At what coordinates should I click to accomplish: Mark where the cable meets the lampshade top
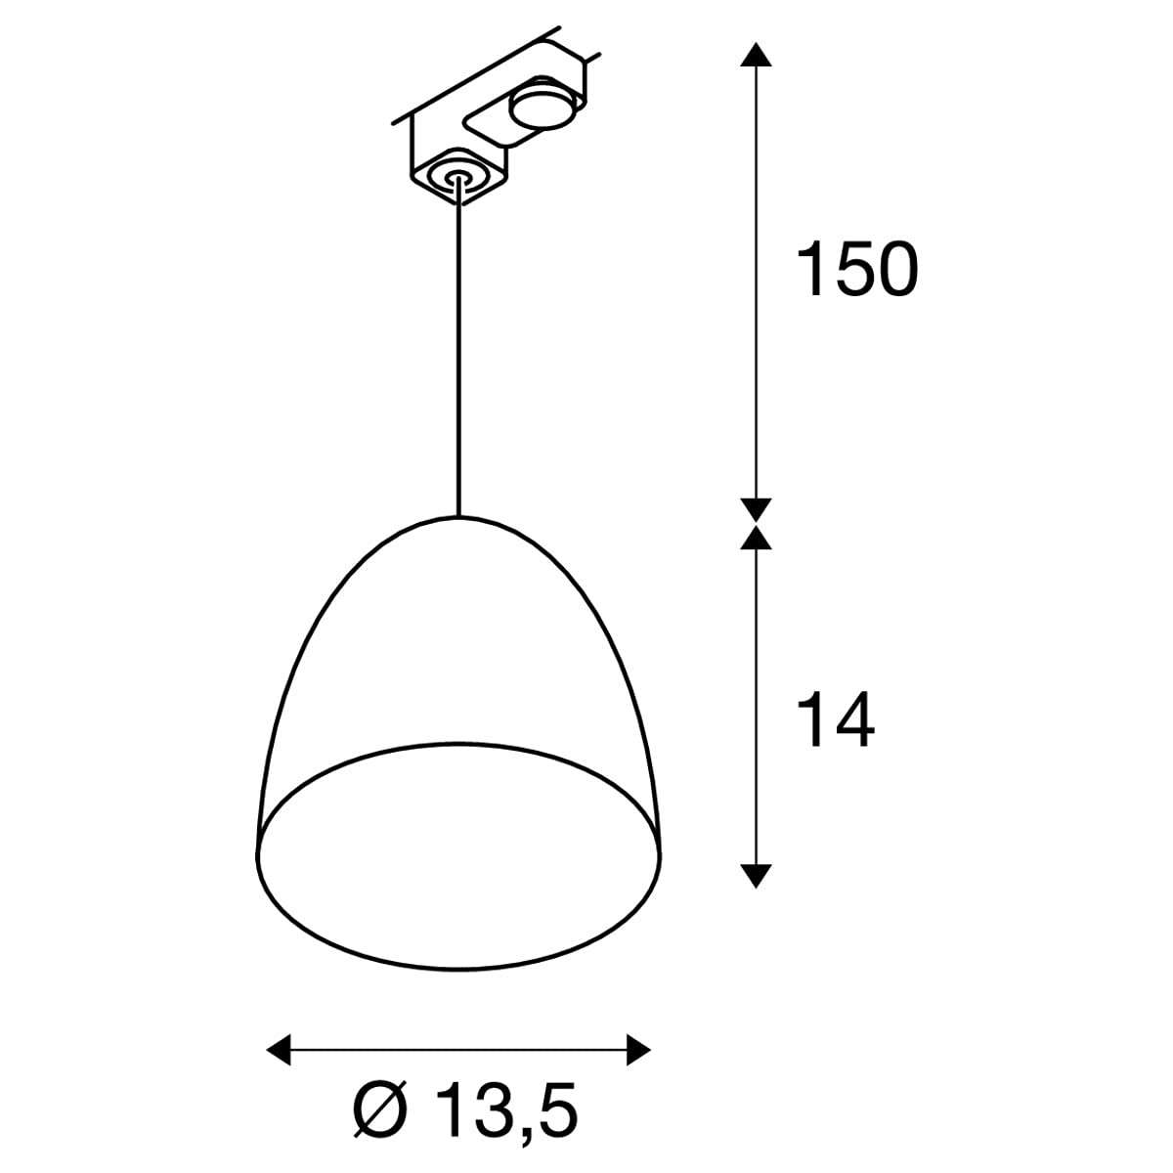point(457,515)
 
